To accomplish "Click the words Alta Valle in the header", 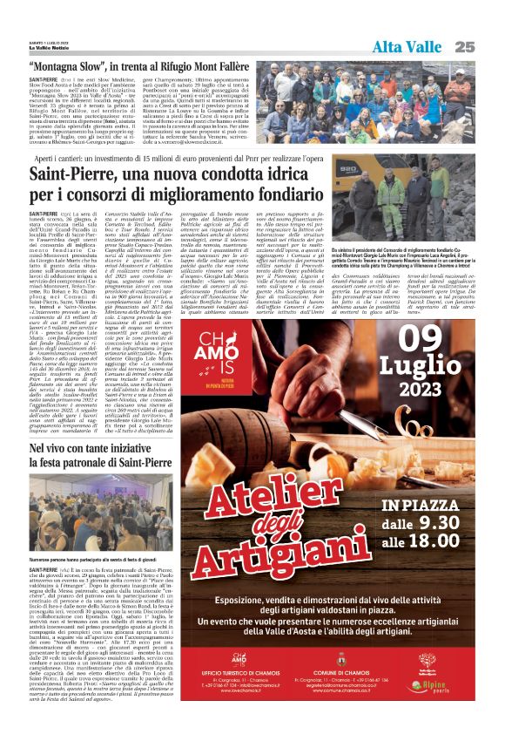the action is [407, 46].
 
